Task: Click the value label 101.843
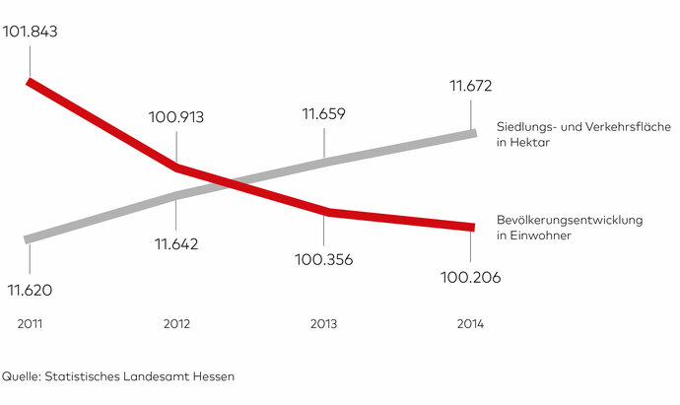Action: point(32,32)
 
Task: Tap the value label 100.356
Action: point(324,260)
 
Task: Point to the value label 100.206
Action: point(471,278)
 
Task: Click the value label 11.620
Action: point(30,291)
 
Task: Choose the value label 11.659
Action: point(324,114)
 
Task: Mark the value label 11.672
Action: point(472,87)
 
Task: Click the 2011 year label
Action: point(31,324)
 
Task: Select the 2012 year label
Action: point(176,324)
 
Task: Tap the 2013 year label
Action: point(323,324)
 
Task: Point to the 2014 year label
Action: point(470,324)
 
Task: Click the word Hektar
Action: point(528,144)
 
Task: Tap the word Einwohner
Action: point(539,236)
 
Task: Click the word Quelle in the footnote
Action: point(21,376)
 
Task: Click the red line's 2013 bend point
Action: point(325,212)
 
